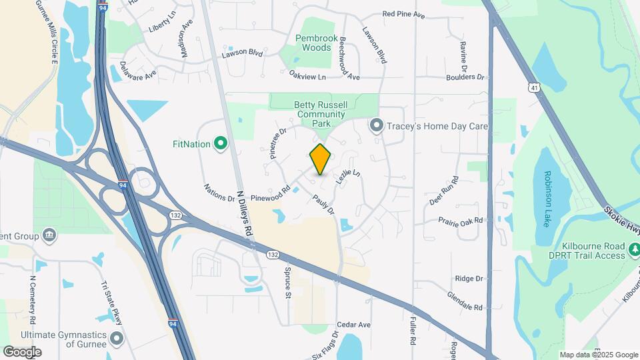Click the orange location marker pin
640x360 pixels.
pyautogui.click(x=320, y=159)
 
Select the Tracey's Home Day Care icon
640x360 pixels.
pyautogui.click(x=377, y=125)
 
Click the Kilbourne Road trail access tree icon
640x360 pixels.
pyautogui.click(x=635, y=251)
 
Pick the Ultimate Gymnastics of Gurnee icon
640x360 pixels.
pyautogui.click(x=117, y=339)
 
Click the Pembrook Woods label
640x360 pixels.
pyautogui.click(x=313, y=43)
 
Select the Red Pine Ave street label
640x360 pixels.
pyautogui.click(x=403, y=14)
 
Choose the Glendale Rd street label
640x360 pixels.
pyautogui.click(x=464, y=301)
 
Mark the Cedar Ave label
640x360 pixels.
pyautogui.click(x=353, y=325)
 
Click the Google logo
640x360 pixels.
pyautogui.click(x=22, y=351)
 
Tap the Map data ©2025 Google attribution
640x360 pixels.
pyautogui.click(x=598, y=355)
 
